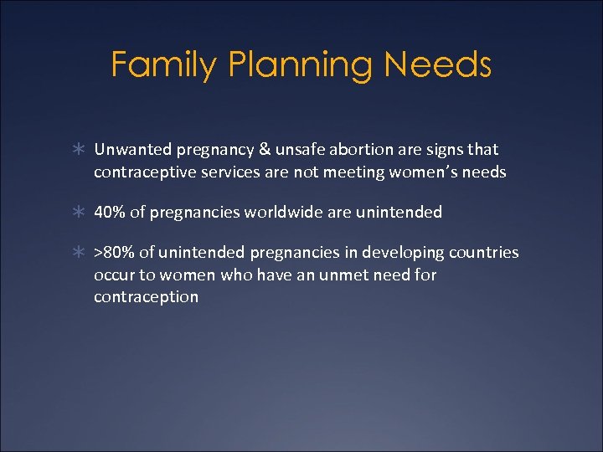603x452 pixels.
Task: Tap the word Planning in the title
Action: (290, 64)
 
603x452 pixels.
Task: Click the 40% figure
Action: (109, 213)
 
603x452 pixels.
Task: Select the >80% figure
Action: (113, 253)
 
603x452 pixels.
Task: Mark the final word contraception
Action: (147, 297)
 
